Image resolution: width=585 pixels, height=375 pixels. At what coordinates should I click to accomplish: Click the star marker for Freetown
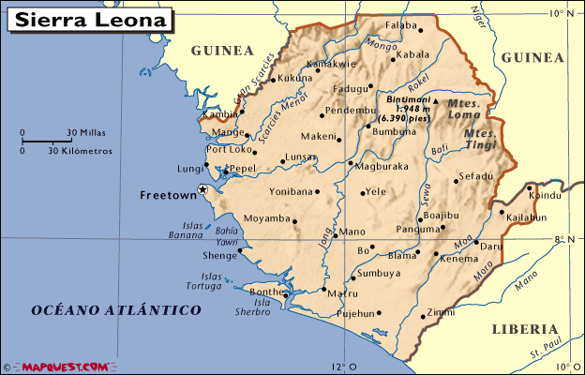[202, 190]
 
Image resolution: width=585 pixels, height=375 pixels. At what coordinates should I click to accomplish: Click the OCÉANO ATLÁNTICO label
[115, 309]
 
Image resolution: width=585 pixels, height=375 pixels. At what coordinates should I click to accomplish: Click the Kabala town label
[412, 55]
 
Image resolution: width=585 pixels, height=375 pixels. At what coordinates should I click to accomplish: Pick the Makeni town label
[319, 137]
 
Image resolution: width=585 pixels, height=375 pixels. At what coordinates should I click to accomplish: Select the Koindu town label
[545, 195]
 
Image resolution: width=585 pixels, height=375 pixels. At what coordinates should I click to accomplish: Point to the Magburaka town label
[382, 166]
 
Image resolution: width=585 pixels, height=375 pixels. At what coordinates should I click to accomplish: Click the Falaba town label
[400, 25]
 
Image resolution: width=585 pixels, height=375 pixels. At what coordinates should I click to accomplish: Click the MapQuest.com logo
[57, 367]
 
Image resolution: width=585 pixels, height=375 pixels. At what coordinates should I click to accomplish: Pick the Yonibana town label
[290, 191]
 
